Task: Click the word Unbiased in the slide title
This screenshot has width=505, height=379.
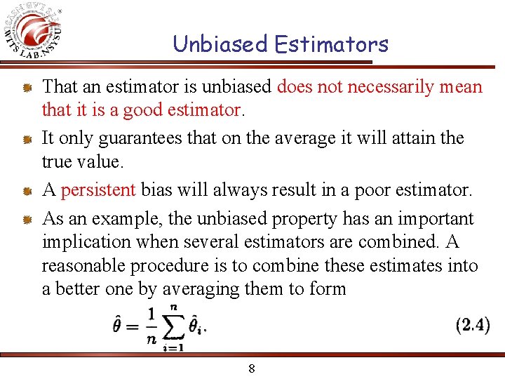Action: (x=220, y=44)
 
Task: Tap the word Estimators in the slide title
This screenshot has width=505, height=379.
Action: (x=331, y=44)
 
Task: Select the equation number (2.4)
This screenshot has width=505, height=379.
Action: (x=473, y=325)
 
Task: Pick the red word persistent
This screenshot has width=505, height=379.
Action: (x=97, y=190)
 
